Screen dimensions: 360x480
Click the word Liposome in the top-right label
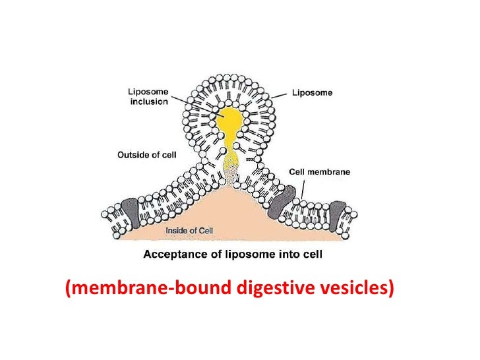(x=313, y=93)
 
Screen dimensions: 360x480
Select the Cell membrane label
(x=320, y=171)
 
